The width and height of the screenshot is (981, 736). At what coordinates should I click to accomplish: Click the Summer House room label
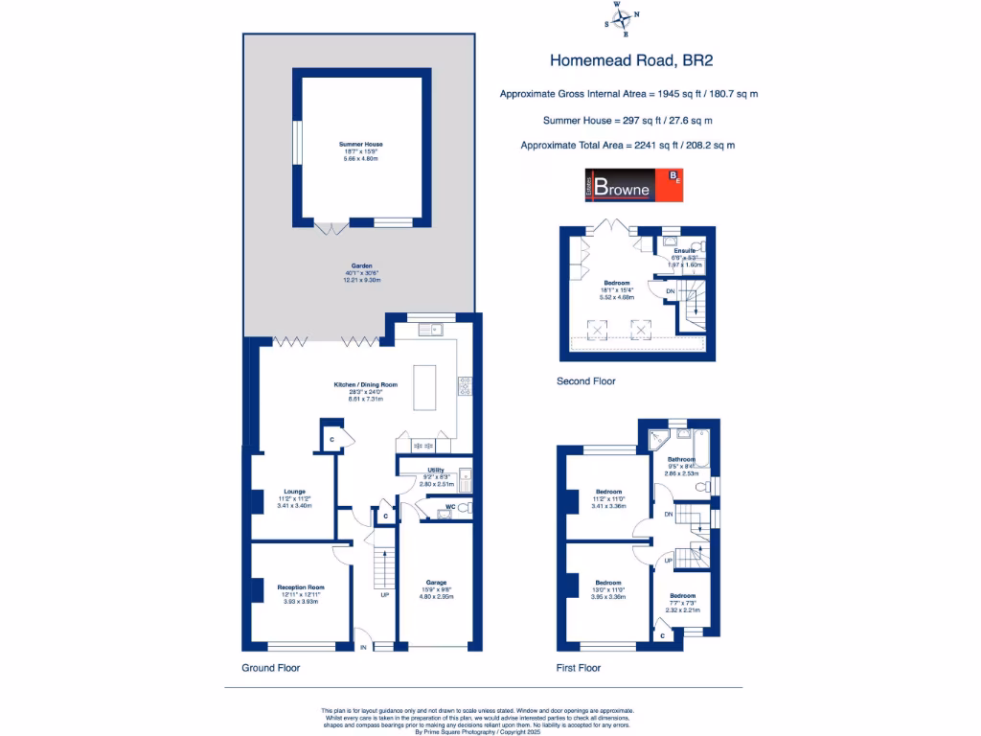click(360, 144)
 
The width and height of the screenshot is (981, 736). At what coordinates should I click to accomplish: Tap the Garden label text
click(360, 265)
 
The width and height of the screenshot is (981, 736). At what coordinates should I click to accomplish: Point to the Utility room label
click(435, 471)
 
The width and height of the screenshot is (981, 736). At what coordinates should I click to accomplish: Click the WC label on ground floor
click(450, 507)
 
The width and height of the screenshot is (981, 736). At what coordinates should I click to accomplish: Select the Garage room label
click(436, 582)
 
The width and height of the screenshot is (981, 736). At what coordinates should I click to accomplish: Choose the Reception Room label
click(301, 586)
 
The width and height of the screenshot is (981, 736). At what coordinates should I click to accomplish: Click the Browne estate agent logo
click(633, 186)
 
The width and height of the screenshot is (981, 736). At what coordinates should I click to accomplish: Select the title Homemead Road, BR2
click(631, 59)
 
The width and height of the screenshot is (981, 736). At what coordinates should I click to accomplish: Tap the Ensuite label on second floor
click(684, 251)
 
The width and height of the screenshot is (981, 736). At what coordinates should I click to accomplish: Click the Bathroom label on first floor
click(681, 459)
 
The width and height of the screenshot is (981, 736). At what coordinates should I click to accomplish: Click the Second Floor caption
click(585, 380)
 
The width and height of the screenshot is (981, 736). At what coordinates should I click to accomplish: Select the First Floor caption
click(579, 667)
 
